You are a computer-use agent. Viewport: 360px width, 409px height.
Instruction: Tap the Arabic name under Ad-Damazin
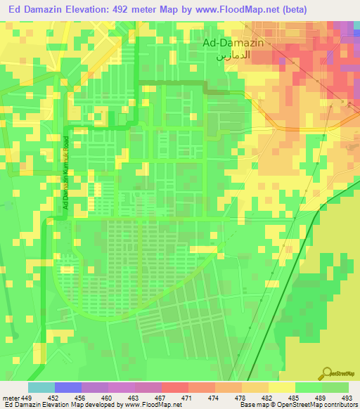click(233, 54)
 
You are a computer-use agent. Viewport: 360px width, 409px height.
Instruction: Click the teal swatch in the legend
click(41, 387)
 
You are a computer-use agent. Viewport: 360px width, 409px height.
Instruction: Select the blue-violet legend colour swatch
click(68, 387)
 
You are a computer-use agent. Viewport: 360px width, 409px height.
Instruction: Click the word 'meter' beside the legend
click(11, 397)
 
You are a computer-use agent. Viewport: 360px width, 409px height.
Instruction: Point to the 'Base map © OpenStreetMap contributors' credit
click(297, 405)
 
